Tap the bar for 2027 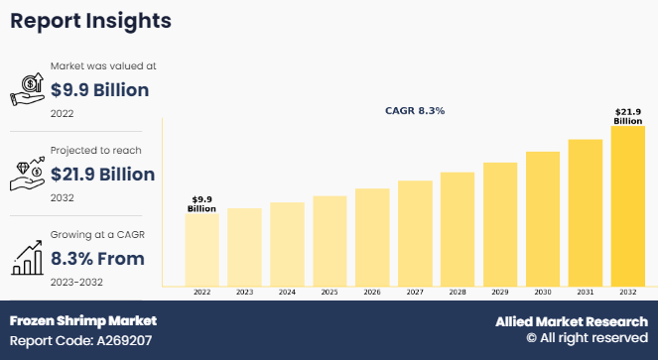point(415,234)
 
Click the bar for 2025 point(329,241)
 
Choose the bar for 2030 point(543,219)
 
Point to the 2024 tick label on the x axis point(287,294)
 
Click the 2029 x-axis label point(500,294)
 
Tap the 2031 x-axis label point(586,294)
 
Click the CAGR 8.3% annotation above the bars point(415,111)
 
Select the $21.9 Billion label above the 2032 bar point(628,115)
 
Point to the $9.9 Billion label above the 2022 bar point(202,203)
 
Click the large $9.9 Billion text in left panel point(99,90)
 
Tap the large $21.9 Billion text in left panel point(102,175)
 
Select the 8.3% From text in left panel point(97,259)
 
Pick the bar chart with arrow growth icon point(28,256)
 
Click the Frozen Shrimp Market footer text point(83,321)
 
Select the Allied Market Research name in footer point(572,321)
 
